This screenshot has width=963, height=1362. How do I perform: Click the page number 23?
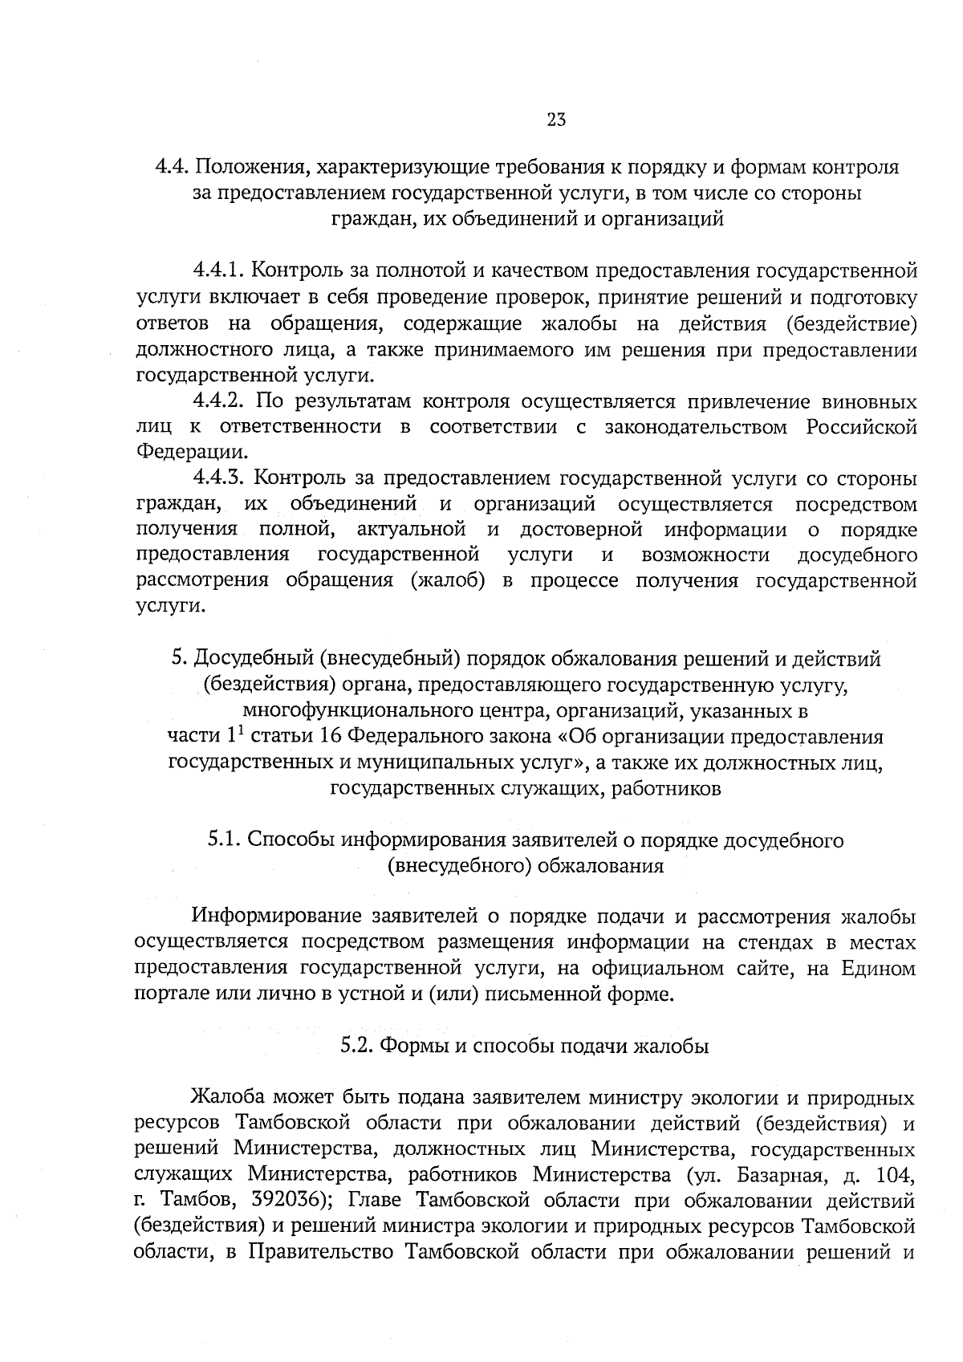556,120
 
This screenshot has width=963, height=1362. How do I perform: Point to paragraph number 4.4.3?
218,479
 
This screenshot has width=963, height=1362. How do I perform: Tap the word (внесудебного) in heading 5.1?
456,867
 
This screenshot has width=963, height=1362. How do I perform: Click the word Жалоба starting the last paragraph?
226,1098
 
